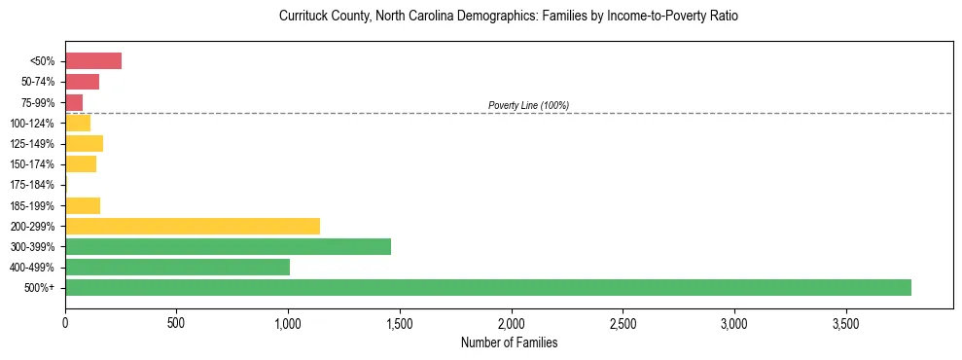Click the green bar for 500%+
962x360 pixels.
tap(487, 287)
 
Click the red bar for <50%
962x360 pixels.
tap(93, 61)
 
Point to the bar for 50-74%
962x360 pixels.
tap(82, 82)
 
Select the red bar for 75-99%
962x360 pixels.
tap(74, 102)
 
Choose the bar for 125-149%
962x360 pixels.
tap(84, 144)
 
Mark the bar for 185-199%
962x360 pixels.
tap(83, 205)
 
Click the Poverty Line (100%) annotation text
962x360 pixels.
tap(528, 105)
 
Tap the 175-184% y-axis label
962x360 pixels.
tap(32, 185)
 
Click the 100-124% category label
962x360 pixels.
tap(32, 124)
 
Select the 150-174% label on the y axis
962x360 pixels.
tap(32, 164)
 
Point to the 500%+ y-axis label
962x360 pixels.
tap(39, 288)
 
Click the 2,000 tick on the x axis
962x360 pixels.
tap(511, 322)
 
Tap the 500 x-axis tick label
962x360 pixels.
tap(176, 322)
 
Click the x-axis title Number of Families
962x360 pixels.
tap(509, 342)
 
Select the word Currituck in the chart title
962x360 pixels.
tap(303, 17)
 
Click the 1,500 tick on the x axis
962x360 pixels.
tap(400, 322)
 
